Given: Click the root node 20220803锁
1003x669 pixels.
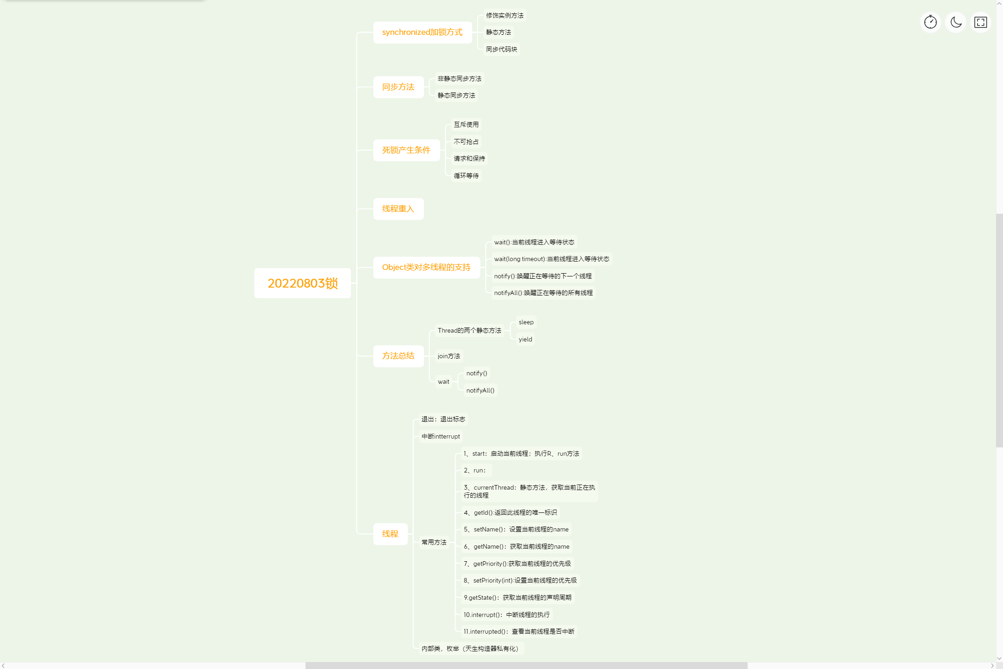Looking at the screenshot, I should tap(302, 283).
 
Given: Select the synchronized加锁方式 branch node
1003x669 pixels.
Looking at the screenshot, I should tap(422, 32).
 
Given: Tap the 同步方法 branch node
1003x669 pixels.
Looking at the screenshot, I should tap(398, 87).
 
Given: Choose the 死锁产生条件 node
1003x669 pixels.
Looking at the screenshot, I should tap(406, 150).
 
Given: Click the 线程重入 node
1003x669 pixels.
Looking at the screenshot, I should tap(398, 209).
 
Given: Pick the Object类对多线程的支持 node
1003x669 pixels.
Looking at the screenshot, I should tap(426, 267).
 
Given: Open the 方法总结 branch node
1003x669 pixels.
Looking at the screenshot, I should tap(398, 356).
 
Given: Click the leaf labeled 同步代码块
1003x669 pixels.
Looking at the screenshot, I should tap(501, 49).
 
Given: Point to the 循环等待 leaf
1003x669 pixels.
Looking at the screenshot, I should tap(466, 176).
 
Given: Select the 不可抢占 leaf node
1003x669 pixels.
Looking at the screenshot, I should tap(466, 142).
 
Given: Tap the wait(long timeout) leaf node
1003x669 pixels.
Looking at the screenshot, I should tap(551, 259).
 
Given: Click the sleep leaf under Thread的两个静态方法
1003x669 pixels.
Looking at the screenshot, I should tap(526, 322).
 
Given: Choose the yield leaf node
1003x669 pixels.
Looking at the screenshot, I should tap(525, 339).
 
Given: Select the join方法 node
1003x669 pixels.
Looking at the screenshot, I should tap(449, 356).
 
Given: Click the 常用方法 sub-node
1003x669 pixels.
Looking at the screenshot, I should tap(434, 542).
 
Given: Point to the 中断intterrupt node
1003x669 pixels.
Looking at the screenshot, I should tap(440, 436).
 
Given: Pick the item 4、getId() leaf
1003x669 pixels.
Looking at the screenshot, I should tap(510, 512).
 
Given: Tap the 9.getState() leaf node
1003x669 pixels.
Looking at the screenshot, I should tap(517, 597).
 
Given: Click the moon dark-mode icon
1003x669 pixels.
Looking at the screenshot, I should tap(956, 22).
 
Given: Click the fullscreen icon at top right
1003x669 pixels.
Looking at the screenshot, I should tap(981, 22).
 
